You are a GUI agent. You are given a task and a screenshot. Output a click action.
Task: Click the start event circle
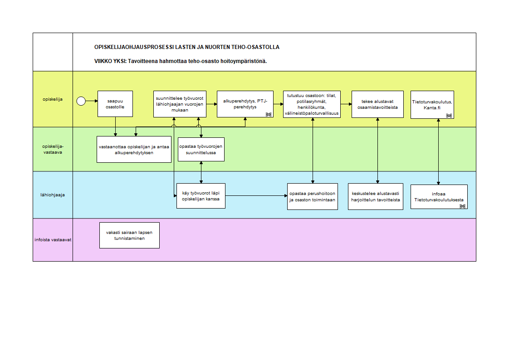(x=81, y=101)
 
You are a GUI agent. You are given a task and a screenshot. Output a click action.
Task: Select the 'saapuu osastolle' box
(x=115, y=104)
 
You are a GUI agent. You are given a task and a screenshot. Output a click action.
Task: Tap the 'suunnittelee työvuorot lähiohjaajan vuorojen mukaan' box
(x=180, y=104)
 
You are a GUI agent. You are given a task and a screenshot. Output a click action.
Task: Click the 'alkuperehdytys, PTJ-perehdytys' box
(x=245, y=104)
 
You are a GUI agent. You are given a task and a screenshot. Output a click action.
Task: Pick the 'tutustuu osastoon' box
(x=312, y=104)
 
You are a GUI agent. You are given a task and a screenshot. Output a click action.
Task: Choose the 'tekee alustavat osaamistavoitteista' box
(x=377, y=104)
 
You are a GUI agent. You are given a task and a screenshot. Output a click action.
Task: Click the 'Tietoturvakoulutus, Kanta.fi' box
(x=432, y=105)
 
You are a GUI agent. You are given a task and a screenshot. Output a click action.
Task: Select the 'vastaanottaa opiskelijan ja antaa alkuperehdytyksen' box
(x=134, y=150)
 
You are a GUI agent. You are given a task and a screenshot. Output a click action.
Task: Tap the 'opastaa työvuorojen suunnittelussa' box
(x=201, y=150)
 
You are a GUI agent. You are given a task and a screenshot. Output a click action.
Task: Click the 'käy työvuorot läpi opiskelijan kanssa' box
(x=201, y=196)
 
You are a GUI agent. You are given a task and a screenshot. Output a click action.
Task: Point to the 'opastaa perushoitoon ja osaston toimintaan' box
(x=313, y=196)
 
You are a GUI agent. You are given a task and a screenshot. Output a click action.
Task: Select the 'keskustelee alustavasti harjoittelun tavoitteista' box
(x=376, y=196)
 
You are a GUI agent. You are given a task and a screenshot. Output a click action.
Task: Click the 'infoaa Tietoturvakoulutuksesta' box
(x=439, y=197)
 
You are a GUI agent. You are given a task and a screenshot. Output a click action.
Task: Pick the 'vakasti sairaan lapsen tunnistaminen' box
(x=130, y=235)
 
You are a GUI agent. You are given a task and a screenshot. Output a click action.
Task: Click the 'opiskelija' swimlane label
(x=53, y=99)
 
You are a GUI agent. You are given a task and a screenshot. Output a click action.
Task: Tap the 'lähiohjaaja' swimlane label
(x=53, y=195)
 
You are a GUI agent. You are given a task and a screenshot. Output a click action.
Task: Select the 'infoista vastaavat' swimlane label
(x=53, y=240)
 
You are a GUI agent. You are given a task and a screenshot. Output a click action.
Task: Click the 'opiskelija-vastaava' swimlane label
(x=53, y=149)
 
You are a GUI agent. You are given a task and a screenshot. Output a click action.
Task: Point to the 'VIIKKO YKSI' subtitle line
(x=181, y=61)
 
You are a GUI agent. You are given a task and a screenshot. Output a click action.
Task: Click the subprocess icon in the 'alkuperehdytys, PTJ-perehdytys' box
(x=269, y=115)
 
